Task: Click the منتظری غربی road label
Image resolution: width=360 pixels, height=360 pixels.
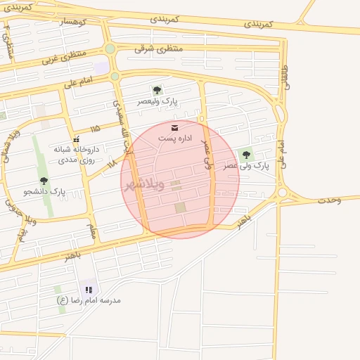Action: [63, 56]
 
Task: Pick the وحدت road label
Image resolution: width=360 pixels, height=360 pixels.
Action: [329, 200]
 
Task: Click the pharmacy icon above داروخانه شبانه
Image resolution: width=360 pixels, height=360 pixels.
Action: [76, 139]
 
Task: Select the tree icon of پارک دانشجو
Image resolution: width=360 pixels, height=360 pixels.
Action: [44, 181]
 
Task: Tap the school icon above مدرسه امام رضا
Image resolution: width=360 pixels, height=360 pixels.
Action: [89, 289]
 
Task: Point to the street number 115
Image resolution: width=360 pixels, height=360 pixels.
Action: [95, 129]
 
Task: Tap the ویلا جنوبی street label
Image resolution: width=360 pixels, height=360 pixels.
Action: [11, 205]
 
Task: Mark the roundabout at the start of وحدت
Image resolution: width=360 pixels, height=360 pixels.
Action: [282, 192]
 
